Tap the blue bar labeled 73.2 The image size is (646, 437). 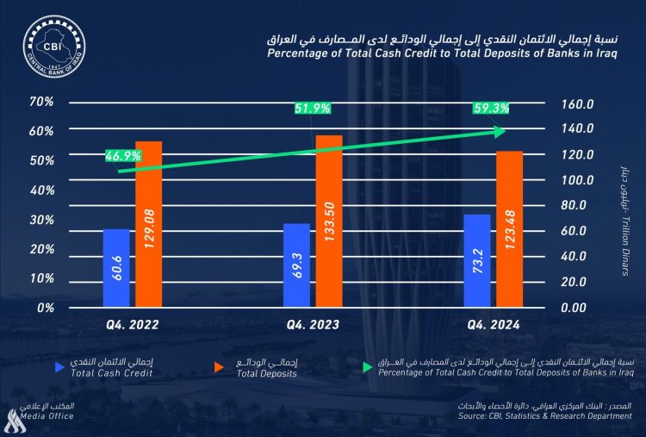[477, 260]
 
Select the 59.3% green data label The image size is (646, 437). [491, 109]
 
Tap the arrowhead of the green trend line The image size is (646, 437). [499, 131]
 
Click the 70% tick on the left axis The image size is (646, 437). [41, 102]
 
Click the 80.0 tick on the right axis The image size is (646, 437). [577, 205]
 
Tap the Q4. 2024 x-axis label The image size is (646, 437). [494, 325]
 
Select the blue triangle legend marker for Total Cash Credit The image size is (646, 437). [59, 367]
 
